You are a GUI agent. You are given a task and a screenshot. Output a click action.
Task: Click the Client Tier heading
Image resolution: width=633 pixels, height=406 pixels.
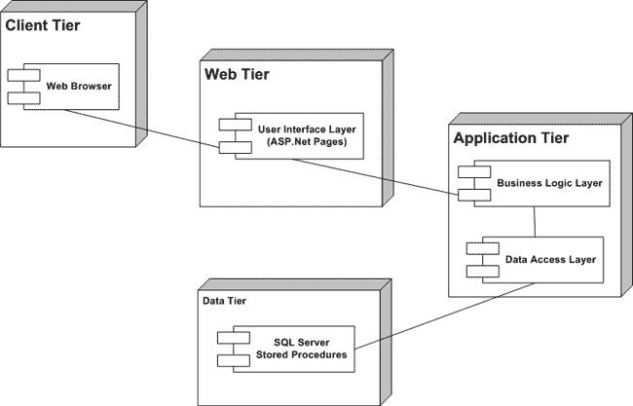pos(43,24)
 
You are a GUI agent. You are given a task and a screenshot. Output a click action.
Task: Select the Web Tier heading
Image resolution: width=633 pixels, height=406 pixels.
pos(237,74)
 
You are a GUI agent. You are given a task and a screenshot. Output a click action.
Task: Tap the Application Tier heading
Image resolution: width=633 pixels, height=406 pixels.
pos(511,138)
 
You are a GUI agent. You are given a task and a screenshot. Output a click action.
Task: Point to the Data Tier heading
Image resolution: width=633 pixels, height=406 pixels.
pos(224,302)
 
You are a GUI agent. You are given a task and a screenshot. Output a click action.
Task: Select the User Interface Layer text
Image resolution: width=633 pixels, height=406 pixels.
pos(308,128)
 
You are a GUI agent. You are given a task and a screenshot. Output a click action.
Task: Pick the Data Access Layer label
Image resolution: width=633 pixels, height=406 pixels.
pos(550,260)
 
